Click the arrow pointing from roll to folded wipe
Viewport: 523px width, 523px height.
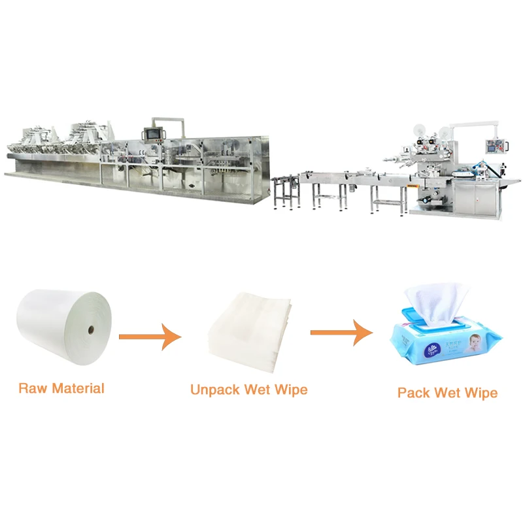(x=150, y=337)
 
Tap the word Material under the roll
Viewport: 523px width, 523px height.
(x=78, y=388)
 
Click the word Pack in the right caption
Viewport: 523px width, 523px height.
(x=413, y=393)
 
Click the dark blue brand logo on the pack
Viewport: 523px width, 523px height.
(x=433, y=350)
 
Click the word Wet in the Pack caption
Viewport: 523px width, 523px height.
(x=448, y=393)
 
